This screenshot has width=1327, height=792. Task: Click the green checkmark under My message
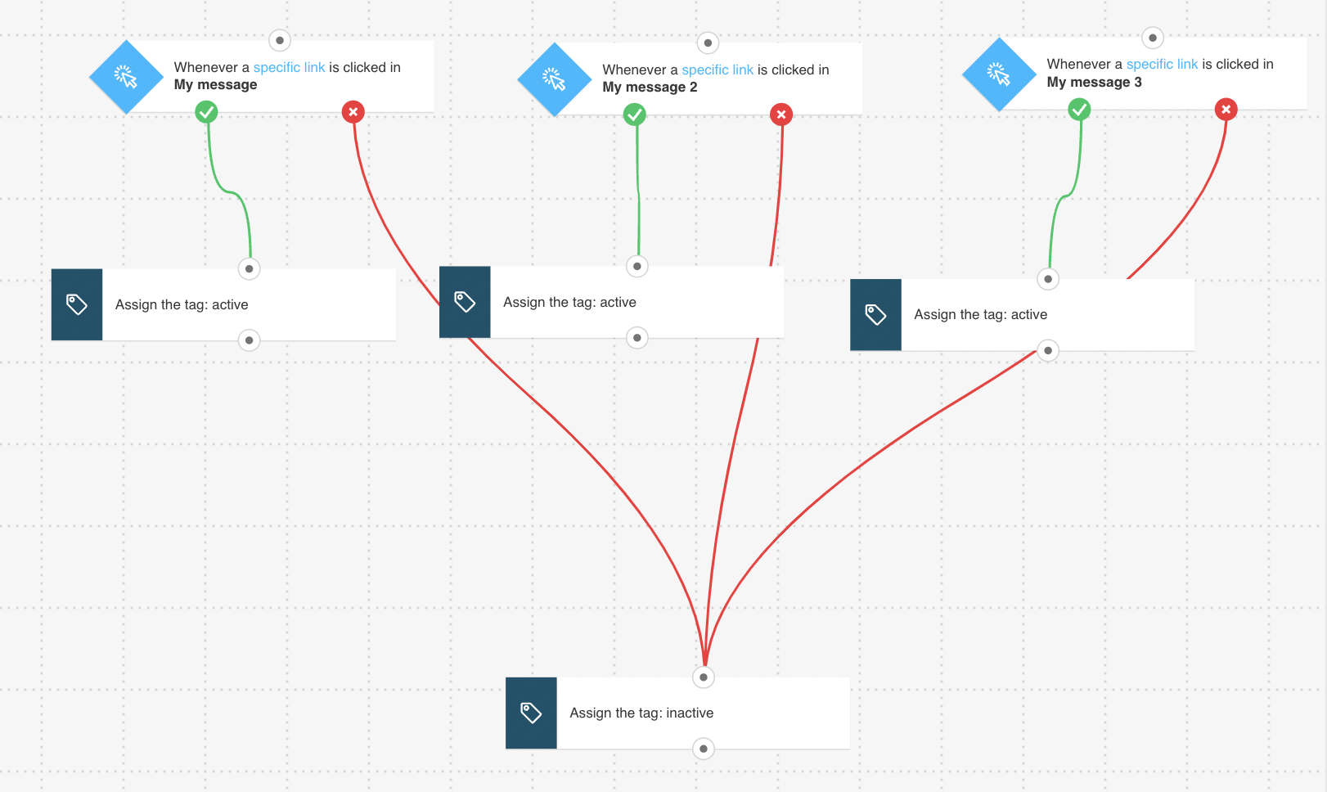pos(206,111)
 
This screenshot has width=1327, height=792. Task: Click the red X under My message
pos(353,111)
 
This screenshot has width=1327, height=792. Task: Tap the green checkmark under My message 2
pos(635,115)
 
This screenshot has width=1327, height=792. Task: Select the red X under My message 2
pos(781,115)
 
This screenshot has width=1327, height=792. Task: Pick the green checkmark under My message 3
pos(1079,109)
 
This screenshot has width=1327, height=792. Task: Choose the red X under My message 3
pos(1226,109)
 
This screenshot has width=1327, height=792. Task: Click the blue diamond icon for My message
pos(126,76)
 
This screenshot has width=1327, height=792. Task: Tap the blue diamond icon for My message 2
pos(555,79)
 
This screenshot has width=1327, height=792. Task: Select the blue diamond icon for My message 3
pos(1000,74)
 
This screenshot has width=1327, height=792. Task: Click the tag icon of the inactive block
pos(531,713)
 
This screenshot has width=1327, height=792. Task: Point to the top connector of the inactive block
pos(704,677)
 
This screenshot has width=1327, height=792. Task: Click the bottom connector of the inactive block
pos(704,749)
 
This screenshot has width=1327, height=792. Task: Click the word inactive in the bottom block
pos(690,713)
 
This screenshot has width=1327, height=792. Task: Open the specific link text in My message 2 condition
pos(717,70)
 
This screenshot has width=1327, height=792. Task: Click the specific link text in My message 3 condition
pos(1162,64)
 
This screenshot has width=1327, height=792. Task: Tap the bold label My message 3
pos(1094,83)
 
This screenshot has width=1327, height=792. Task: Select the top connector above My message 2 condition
pos(708,43)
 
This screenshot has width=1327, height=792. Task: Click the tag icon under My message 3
pos(875,314)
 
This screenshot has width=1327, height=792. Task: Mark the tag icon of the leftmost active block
pos(77,304)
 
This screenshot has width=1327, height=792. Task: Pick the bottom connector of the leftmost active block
pos(249,340)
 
